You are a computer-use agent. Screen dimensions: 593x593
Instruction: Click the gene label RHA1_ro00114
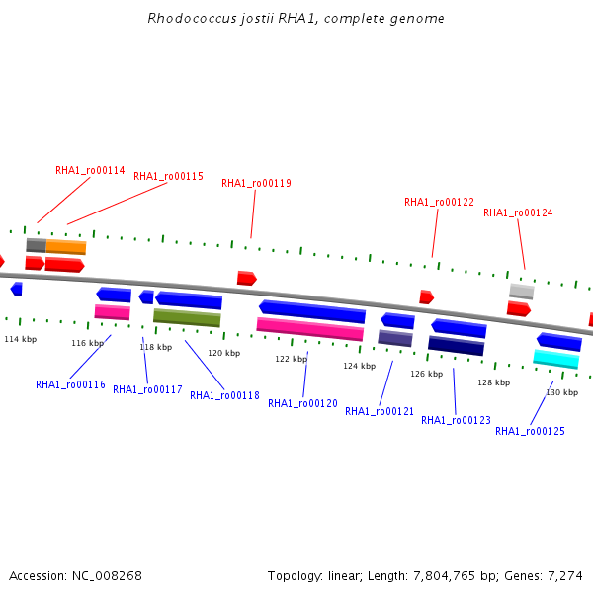[90, 171]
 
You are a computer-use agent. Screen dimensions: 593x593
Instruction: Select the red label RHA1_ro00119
[256, 183]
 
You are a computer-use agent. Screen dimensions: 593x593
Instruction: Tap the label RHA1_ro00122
[439, 202]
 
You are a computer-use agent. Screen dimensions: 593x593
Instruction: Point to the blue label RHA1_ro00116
[70, 384]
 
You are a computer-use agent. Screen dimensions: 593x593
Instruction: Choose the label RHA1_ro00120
[302, 403]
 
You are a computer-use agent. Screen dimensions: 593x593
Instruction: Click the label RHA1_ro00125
[530, 431]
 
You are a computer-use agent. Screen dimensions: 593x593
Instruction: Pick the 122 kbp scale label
[292, 359]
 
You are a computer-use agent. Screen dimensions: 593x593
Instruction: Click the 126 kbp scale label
[427, 374]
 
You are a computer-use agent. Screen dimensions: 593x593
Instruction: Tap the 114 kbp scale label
[21, 339]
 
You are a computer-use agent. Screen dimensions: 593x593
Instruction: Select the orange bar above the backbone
[66, 247]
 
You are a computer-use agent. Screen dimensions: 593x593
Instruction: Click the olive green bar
[187, 317]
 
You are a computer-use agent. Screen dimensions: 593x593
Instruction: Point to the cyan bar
[555, 359]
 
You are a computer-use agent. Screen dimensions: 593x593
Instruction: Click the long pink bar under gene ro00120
[310, 329]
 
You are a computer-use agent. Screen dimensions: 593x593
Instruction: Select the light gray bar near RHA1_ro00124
[522, 292]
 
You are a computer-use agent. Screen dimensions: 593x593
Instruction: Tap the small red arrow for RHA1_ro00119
[247, 278]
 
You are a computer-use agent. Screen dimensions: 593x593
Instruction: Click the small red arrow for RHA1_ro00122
[427, 296]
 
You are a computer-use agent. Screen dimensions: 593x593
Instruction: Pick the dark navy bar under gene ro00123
[456, 346]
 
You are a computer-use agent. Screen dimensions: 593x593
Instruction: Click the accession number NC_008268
[107, 576]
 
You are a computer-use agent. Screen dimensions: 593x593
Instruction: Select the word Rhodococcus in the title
[192, 18]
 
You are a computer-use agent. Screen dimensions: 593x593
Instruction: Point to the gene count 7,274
[565, 576]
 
